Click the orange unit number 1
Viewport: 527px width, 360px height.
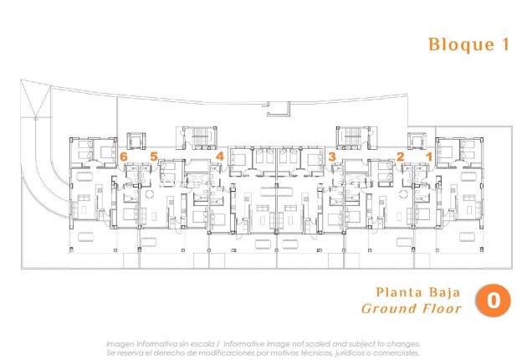(x=429, y=156)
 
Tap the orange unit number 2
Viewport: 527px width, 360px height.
(x=400, y=156)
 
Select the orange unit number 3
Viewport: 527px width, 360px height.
(x=332, y=156)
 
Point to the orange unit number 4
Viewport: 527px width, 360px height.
(x=219, y=156)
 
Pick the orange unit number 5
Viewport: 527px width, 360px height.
(x=153, y=156)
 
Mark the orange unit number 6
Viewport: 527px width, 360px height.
(x=124, y=156)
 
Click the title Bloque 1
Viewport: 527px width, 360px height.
(x=468, y=45)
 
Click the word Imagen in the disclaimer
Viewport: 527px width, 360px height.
(x=119, y=343)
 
